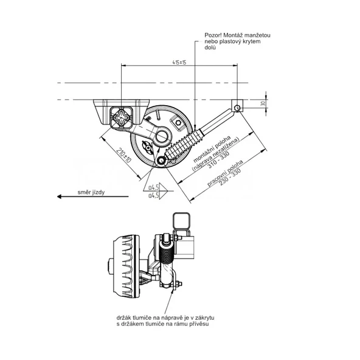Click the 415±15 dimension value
(179, 63)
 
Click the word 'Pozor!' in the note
(215, 36)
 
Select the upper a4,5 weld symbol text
(153, 187)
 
